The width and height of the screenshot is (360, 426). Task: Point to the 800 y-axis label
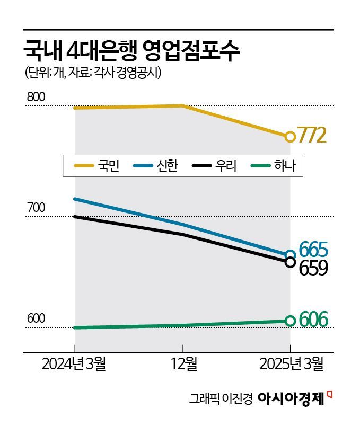point(36,97)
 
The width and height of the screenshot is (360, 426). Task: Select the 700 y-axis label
point(36,208)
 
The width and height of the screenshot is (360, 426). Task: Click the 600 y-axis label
point(36,319)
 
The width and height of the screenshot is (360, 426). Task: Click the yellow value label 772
point(311,136)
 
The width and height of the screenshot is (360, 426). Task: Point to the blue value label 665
point(313,249)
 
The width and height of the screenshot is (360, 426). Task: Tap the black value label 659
point(313,268)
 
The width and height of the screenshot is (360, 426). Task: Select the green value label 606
point(313,320)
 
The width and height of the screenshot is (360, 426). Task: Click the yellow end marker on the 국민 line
point(290,137)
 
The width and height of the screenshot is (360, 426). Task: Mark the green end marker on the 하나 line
point(290,321)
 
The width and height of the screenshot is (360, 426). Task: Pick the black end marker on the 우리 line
point(290,262)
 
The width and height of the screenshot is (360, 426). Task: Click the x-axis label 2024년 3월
point(74,365)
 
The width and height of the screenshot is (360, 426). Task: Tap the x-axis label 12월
point(182,365)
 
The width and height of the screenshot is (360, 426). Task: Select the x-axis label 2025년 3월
point(290,365)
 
